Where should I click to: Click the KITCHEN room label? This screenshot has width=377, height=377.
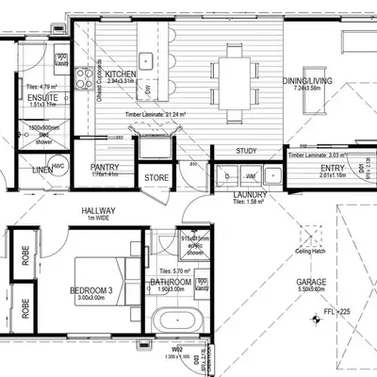tap(123, 74)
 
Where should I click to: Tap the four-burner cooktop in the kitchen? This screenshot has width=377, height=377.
tap(83, 74)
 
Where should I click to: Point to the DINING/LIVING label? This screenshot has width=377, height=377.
tap(307, 83)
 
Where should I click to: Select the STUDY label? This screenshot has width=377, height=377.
tap(247, 151)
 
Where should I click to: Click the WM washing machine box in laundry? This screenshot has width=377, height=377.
tap(250, 175)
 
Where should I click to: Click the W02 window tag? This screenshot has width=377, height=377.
tap(176, 349)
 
